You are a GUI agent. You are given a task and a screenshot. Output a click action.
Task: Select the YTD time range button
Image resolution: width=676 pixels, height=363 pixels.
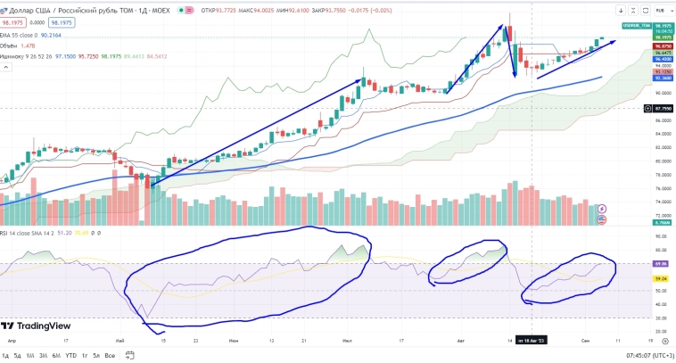coord(70,356)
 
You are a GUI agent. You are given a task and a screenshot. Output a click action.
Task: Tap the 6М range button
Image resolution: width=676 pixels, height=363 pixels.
coord(56,356)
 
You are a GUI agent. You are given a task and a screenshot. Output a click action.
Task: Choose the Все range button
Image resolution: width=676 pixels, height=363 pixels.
coord(111,356)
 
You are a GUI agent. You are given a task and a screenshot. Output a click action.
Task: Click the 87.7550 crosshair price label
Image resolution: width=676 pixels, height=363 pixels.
coord(663,108)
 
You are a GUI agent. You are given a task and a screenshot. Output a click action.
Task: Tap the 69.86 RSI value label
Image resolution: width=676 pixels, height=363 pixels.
coord(663,264)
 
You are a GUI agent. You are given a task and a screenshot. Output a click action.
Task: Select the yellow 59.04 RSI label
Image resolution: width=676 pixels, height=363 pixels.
coord(663,278)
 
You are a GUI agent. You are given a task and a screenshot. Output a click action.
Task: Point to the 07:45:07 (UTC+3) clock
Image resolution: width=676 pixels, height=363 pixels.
coord(640,356)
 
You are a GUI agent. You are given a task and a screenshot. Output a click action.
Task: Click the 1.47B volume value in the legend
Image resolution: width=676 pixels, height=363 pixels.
coord(28,45)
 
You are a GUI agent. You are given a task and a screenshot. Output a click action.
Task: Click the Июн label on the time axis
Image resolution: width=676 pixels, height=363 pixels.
coord(234,341)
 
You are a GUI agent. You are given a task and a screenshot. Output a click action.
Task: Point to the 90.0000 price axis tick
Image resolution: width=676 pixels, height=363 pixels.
coord(661,92)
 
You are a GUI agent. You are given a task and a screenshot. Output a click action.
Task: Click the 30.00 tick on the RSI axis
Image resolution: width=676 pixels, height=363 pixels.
coord(661,318)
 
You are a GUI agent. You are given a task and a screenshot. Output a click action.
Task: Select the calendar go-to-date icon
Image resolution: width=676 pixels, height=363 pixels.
coord(130,356)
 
